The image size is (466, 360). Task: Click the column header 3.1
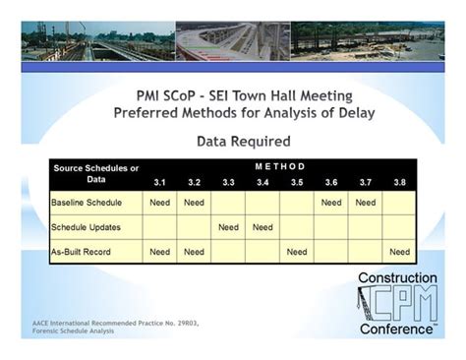tap(159, 182)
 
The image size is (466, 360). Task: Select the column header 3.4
tap(262, 182)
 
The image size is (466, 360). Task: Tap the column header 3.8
tap(399, 182)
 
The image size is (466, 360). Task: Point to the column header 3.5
tap(297, 182)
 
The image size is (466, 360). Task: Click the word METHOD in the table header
tap(281, 166)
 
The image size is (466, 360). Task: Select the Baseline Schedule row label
tap(87, 203)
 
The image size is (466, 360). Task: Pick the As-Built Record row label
tap(82, 252)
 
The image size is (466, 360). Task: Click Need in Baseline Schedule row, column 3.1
tap(159, 203)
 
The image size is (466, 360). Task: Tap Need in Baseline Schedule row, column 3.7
tap(365, 203)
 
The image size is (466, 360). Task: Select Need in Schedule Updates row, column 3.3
tap(228, 227)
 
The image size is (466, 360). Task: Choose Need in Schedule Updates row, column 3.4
tap(262, 227)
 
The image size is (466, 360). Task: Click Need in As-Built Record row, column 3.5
tap(297, 252)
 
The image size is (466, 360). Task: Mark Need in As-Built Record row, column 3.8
tap(399, 252)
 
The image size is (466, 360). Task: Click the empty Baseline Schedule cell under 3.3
tap(228, 203)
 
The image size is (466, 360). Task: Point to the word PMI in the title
tap(157, 95)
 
